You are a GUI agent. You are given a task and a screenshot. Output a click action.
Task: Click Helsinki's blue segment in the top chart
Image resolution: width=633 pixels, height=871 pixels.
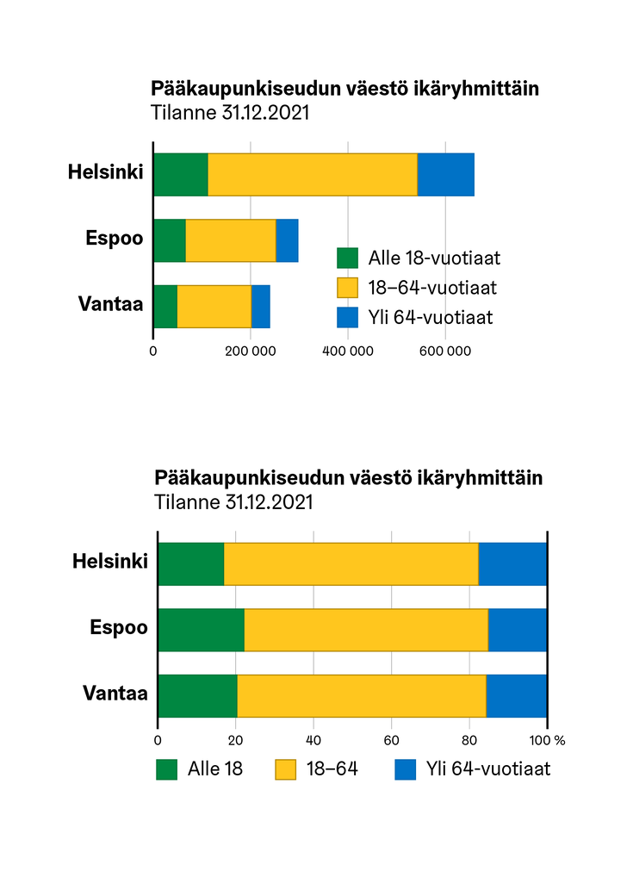click(445, 175)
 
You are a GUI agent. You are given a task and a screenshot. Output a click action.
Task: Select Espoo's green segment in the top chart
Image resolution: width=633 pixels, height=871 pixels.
click(170, 240)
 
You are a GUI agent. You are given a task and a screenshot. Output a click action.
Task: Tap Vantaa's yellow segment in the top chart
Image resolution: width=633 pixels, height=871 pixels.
click(214, 306)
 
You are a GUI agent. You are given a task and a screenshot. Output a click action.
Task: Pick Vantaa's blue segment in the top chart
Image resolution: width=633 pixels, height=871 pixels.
click(260, 306)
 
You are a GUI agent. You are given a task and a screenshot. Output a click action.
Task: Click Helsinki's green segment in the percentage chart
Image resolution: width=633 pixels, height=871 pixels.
click(191, 564)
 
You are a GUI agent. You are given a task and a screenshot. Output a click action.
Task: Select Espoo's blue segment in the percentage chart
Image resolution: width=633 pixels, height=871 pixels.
click(517, 630)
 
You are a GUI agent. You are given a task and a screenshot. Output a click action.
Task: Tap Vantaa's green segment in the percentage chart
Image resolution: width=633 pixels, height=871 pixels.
click(198, 695)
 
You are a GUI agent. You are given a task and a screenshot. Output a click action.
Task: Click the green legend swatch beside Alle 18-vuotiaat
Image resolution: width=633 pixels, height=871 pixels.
click(347, 258)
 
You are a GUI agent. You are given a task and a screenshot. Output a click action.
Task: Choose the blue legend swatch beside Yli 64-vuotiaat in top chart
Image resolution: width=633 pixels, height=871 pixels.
click(347, 317)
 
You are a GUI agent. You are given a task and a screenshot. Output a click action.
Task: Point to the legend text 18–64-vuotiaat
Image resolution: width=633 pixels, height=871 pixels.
click(431, 288)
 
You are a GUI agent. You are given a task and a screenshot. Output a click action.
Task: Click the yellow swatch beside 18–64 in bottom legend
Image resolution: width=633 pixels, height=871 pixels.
click(286, 768)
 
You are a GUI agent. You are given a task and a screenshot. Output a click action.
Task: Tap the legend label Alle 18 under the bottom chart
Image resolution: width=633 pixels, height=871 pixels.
click(215, 768)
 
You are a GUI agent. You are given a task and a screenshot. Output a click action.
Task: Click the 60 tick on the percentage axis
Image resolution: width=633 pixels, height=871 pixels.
click(392, 740)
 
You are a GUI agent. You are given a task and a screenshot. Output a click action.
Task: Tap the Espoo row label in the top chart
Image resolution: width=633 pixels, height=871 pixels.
click(114, 239)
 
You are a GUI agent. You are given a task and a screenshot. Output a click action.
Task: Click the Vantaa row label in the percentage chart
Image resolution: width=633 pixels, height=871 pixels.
click(115, 694)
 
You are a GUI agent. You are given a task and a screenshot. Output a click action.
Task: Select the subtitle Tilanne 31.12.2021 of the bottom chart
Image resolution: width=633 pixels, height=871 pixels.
click(233, 501)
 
